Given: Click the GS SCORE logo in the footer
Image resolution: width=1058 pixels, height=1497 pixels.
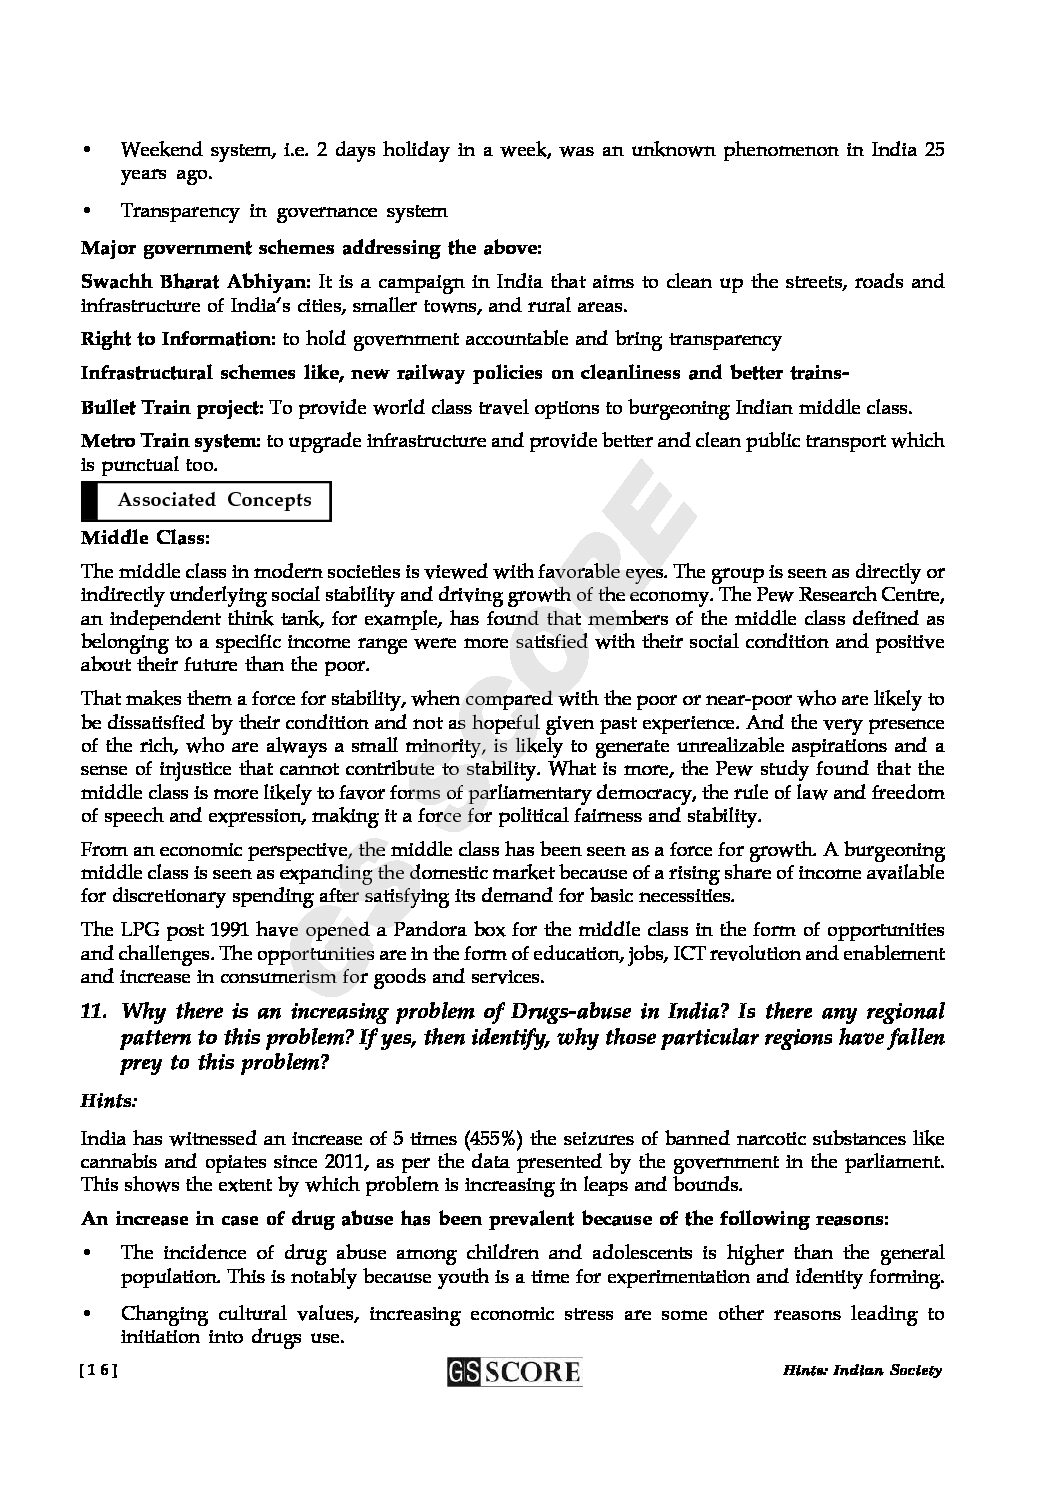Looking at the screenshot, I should click(514, 1372).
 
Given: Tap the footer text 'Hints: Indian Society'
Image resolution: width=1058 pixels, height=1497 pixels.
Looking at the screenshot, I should click(862, 1371).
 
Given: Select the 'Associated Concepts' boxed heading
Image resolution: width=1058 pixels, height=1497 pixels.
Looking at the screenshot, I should click(214, 500).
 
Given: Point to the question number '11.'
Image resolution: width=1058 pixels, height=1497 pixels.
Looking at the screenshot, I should click(94, 1012).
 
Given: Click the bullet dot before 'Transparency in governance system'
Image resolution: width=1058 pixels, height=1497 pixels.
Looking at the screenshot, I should click(88, 211).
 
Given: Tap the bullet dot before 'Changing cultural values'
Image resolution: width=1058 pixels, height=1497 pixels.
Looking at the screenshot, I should click(88, 1314).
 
